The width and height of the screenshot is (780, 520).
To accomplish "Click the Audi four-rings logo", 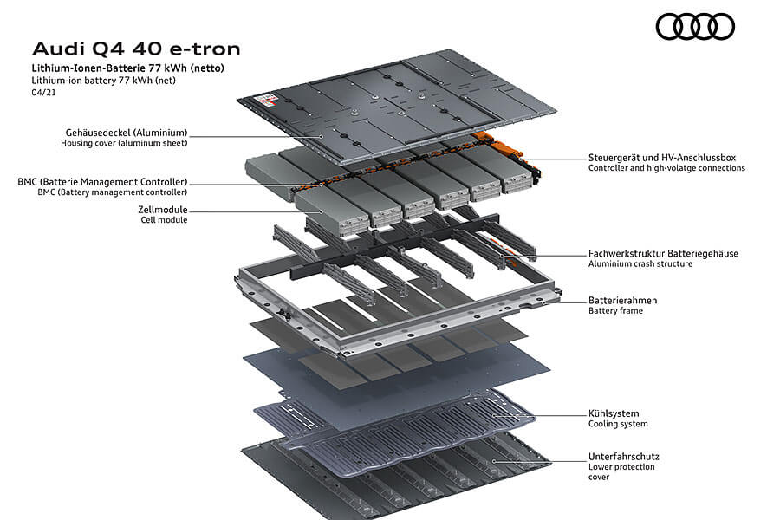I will point(695,27).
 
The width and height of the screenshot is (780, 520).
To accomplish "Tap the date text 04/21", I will point(42,92).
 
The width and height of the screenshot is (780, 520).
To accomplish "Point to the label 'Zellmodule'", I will point(162,210).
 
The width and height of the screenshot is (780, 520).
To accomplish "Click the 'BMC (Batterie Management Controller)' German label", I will point(102,182).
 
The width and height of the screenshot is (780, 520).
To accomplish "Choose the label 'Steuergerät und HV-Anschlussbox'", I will point(662,158).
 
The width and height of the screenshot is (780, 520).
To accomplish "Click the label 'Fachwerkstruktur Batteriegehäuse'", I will point(663,253).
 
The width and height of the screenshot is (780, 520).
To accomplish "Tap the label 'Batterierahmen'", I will point(622,300).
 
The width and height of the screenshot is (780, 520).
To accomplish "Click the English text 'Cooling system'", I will point(618,425).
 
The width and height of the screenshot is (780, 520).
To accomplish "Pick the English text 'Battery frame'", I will point(615,311).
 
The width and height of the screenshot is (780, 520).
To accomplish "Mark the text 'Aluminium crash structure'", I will point(640,264).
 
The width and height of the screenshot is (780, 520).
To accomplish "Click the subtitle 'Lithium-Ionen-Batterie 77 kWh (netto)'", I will point(133,67).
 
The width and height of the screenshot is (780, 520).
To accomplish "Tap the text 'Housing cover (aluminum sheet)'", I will point(124,143).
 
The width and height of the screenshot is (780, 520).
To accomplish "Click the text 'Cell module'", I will point(164,220).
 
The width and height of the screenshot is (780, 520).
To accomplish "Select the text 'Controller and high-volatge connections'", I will point(666,168).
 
